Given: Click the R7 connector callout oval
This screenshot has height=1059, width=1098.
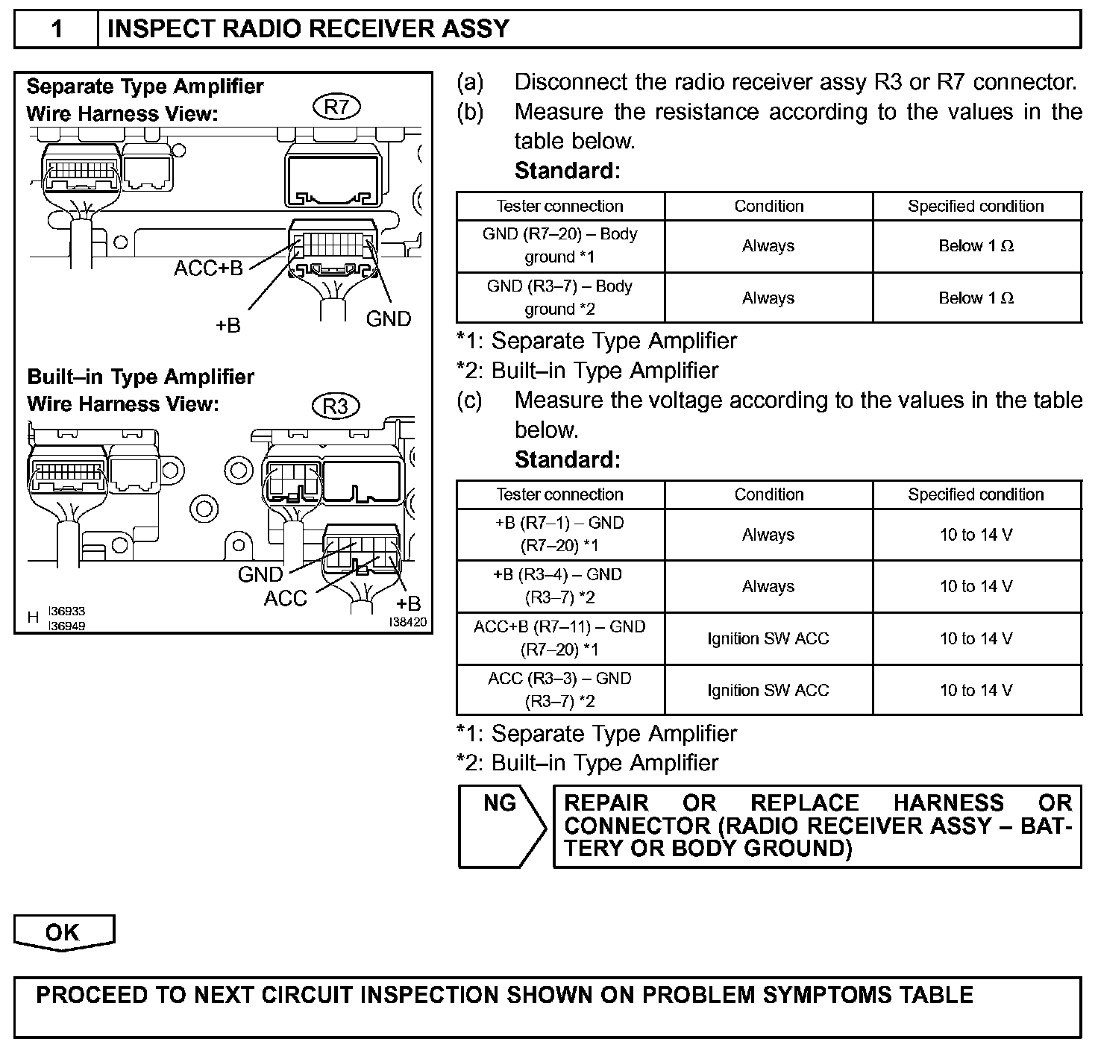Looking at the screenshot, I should tap(337, 107).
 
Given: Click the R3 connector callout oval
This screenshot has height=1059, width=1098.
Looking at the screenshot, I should tap(336, 406).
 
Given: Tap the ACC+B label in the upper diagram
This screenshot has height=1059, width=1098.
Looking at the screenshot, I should tap(209, 268).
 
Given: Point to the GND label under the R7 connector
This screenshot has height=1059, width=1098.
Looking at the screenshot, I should tap(389, 319).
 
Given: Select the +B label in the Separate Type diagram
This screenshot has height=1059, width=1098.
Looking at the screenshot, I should tap(228, 326).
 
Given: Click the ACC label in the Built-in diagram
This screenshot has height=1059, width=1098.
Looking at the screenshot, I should tap(285, 599).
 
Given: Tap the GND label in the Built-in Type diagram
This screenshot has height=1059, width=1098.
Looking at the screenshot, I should tap(260, 575).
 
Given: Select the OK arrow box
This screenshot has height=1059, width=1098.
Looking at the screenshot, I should tap(63, 933).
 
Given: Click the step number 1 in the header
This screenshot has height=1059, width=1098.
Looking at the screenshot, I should tap(57, 30).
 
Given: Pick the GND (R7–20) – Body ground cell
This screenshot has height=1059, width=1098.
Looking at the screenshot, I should tap(560, 245).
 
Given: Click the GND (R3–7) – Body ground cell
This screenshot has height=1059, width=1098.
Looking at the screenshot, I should tap(560, 298).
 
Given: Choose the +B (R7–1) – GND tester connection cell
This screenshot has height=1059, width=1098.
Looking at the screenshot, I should tap(560, 534).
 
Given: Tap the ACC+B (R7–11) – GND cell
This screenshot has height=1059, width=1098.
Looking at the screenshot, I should tap(560, 638).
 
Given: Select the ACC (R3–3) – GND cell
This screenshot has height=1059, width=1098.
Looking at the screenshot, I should tap(560, 690).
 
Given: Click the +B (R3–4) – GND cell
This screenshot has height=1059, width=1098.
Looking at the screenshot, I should tap(560, 586).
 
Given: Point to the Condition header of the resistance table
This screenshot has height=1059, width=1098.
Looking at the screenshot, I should tap(769, 207).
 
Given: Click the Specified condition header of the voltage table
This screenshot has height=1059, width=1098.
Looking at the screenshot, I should tap(976, 494).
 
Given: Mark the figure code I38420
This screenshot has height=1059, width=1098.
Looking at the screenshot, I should tap(407, 622).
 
